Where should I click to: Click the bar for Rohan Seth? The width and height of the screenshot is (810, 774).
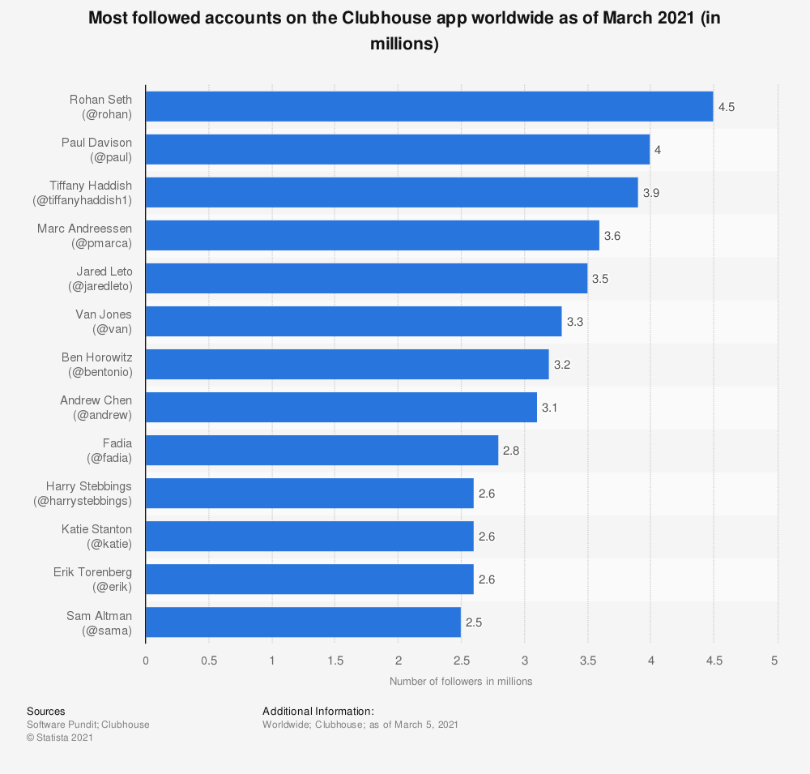point(429,106)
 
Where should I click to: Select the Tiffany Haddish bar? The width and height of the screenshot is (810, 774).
point(391,192)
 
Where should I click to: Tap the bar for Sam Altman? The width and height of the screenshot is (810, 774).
point(303,622)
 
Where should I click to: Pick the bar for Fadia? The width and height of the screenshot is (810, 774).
point(322,451)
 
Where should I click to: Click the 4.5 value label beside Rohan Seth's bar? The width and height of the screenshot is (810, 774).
point(726,107)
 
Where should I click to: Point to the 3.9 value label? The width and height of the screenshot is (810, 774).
point(650,193)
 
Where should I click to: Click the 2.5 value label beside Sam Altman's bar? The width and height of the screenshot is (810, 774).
point(474,623)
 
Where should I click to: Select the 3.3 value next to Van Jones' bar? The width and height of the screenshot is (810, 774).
point(575,322)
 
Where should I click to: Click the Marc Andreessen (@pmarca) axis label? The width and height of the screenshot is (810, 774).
point(84,235)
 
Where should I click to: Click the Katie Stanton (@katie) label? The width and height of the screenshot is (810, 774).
point(96,537)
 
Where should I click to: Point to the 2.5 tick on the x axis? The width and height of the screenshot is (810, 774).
point(461,661)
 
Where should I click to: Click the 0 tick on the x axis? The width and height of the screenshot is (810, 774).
point(146,661)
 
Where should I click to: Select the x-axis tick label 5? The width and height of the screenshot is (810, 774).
point(775,661)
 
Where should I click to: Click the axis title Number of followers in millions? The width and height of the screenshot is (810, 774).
point(461,682)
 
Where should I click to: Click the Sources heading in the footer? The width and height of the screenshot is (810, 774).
point(45,711)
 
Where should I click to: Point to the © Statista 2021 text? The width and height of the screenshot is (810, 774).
point(61,738)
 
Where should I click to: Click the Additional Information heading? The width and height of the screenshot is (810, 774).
point(318,711)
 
